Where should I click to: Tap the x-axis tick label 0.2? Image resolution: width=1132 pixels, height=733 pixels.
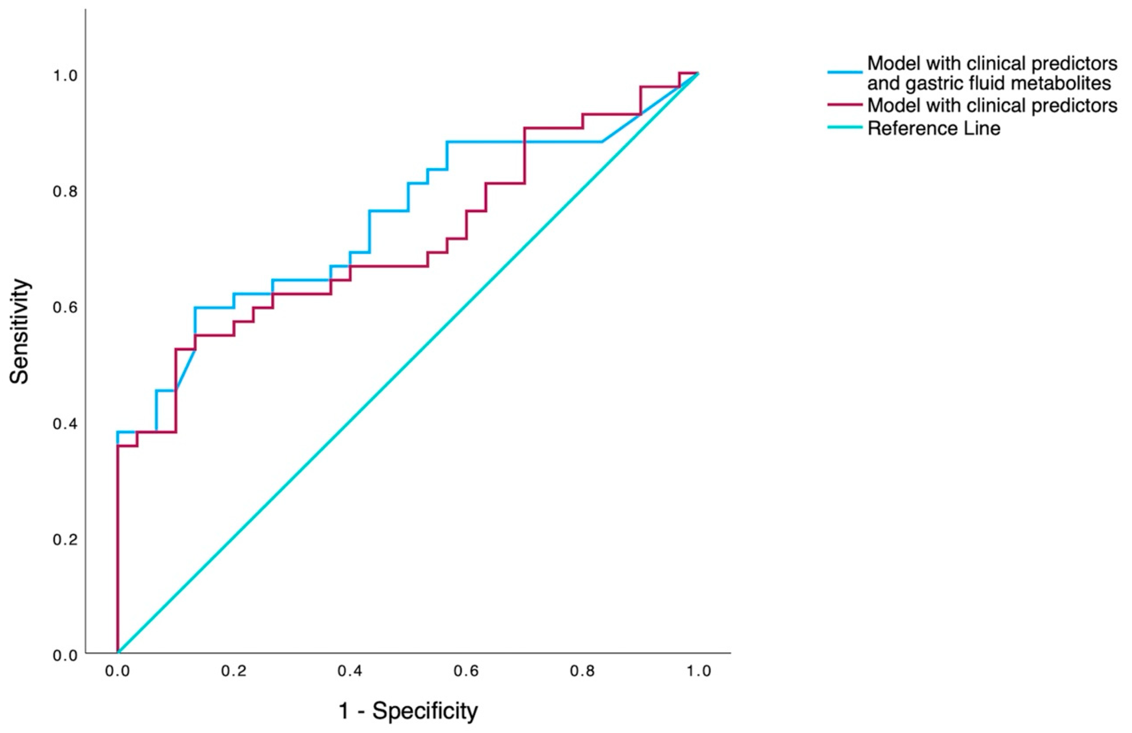click(234, 671)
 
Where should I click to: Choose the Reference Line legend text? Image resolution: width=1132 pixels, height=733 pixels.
click(934, 128)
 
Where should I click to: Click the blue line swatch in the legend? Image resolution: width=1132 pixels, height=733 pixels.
click(845, 72)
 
